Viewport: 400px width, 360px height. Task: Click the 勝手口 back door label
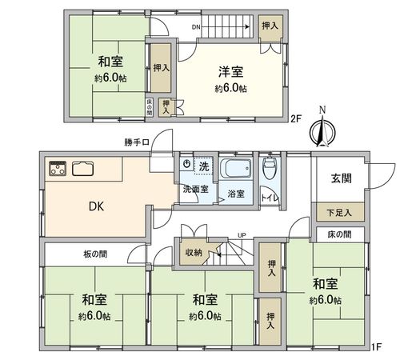click(x=138, y=145)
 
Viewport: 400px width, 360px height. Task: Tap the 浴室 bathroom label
click(x=238, y=194)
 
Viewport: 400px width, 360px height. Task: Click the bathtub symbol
click(x=237, y=170)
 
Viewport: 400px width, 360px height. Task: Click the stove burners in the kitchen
click(x=58, y=168)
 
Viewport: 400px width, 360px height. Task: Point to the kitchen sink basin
click(x=83, y=169)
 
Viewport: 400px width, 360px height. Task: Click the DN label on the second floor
click(x=197, y=27)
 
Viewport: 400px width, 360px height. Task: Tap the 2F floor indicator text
click(x=295, y=120)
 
